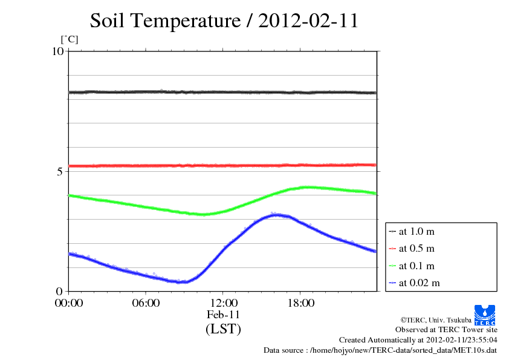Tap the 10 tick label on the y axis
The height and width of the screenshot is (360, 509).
click(x=57, y=51)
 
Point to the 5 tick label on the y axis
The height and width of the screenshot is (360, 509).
click(x=60, y=171)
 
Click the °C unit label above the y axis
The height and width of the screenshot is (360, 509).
click(x=70, y=40)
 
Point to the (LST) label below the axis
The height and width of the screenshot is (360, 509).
click(x=223, y=330)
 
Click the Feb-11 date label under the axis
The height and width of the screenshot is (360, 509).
click(x=223, y=315)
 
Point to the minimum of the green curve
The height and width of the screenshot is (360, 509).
click(x=202, y=214)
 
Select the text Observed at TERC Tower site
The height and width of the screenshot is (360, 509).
click(x=446, y=330)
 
